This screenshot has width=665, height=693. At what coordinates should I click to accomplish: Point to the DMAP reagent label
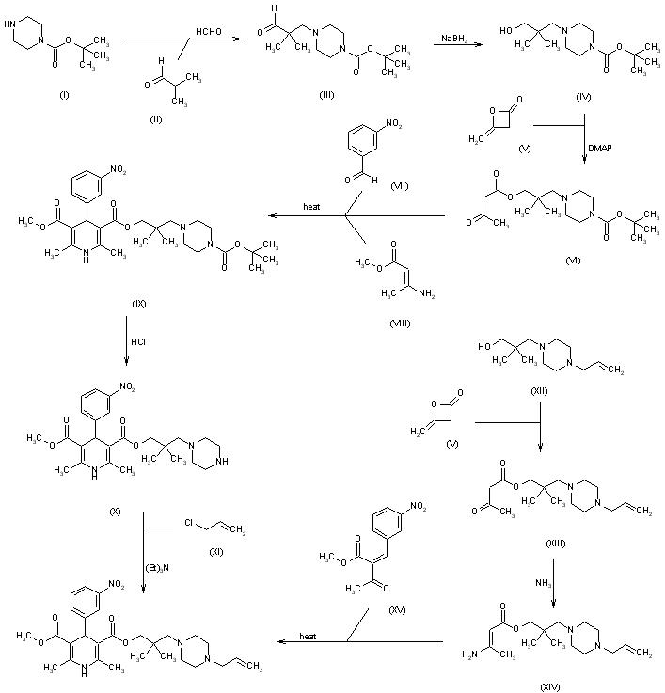coord(600,148)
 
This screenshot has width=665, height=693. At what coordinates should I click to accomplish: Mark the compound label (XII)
coord(540,394)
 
